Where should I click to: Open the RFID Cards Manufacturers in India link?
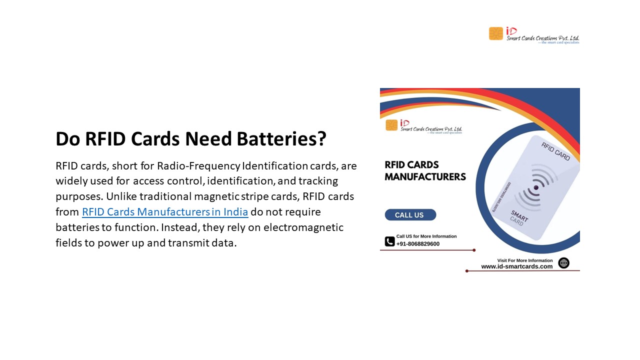(165, 211)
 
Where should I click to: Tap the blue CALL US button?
(410, 215)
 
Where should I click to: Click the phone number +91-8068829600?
(418, 244)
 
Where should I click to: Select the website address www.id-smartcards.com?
(517, 266)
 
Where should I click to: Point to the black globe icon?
(563, 263)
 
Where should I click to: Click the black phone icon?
(389, 241)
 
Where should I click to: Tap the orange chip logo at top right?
(496, 33)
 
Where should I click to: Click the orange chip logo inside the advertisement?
(391, 125)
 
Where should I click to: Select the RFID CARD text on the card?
(555, 151)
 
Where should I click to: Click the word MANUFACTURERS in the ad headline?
(425, 176)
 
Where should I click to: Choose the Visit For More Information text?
(525, 260)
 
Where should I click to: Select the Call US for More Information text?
(426, 236)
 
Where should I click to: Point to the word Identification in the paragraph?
(275, 165)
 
